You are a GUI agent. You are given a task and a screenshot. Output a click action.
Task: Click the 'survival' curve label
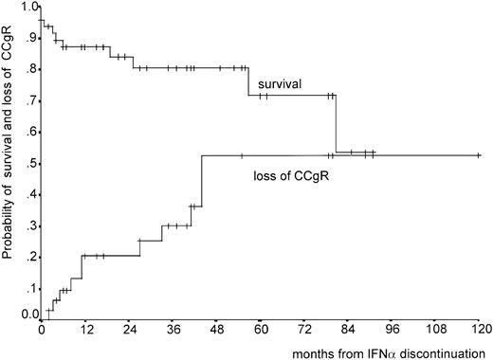click(278, 84)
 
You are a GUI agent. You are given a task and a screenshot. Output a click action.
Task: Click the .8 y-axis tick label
click(31, 69)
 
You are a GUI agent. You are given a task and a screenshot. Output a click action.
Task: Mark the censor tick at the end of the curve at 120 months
click(478, 155)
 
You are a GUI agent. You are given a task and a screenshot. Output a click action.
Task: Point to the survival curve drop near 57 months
click(248, 81)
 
